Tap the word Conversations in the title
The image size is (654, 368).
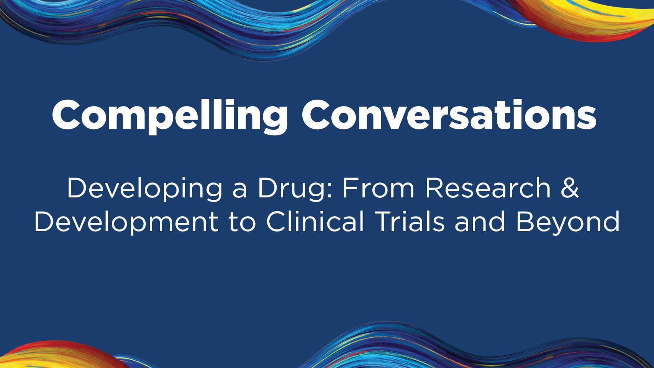tap(449, 114)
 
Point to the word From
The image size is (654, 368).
tap(379, 188)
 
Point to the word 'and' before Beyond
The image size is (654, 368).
tap(480, 222)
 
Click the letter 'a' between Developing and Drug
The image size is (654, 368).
tap(240, 191)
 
